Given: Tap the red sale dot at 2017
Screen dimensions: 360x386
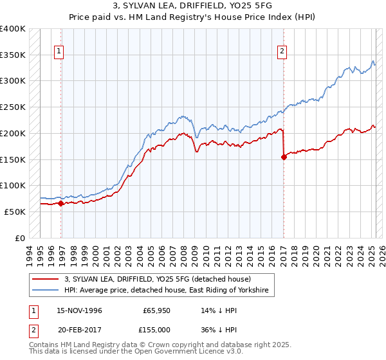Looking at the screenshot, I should [284, 156].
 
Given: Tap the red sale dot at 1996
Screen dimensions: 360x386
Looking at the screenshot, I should [60, 203].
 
